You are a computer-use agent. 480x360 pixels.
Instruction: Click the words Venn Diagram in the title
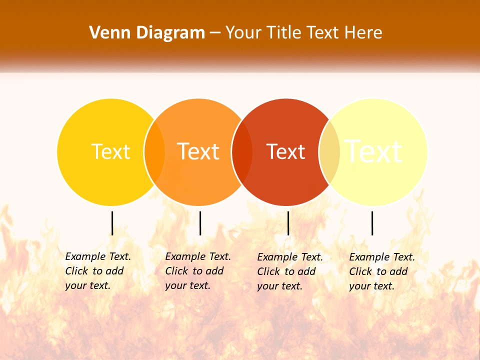pos(147,33)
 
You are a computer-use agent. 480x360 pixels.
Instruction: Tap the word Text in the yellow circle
pos(110,151)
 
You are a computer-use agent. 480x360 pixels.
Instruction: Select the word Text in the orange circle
pos(198,151)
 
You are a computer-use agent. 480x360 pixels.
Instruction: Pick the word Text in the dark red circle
pos(285,151)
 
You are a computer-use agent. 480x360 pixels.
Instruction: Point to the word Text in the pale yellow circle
pos(373,151)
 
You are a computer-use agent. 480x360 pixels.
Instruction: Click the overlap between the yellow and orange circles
pos(154,152)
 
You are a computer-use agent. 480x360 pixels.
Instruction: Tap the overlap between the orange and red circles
pos(242,152)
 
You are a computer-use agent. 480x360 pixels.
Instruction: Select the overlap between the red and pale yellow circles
pos(329,152)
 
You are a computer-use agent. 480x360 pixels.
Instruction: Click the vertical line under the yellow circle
pos(112,223)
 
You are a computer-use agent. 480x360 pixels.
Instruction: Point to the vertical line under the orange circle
pos(200,223)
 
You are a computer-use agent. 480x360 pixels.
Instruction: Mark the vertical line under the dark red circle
pos(288,223)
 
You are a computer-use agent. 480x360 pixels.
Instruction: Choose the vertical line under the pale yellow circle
pos(372,223)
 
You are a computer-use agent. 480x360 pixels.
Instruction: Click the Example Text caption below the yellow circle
pos(97,271)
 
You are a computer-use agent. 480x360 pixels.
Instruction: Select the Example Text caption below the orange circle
pos(197,271)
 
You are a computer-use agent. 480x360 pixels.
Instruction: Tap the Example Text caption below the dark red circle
pos(289,271)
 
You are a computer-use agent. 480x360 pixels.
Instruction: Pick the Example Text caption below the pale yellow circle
pos(381,271)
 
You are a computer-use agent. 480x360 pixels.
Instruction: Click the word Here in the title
pos(363,33)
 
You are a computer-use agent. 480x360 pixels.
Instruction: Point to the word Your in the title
pos(243,33)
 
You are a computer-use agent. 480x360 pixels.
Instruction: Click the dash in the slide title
pos(215,33)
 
